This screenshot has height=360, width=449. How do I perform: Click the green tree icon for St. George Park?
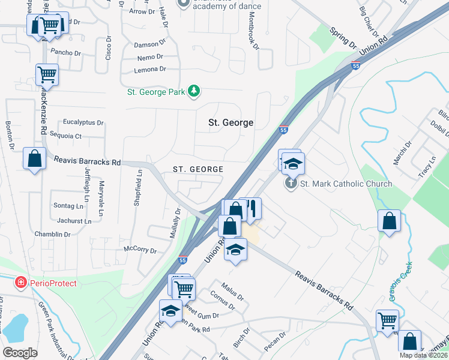click(x=194, y=91)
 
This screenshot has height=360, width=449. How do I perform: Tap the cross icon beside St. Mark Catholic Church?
click(x=291, y=183)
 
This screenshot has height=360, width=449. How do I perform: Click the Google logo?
click(x=20, y=353)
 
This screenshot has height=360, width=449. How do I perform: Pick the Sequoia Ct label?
click(x=65, y=136)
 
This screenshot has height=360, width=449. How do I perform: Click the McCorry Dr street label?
click(x=139, y=250)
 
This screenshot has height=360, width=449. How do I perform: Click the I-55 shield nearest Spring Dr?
click(x=356, y=66)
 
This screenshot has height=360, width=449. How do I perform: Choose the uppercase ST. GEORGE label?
click(x=198, y=170)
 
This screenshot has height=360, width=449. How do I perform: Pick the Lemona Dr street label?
click(x=149, y=70)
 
